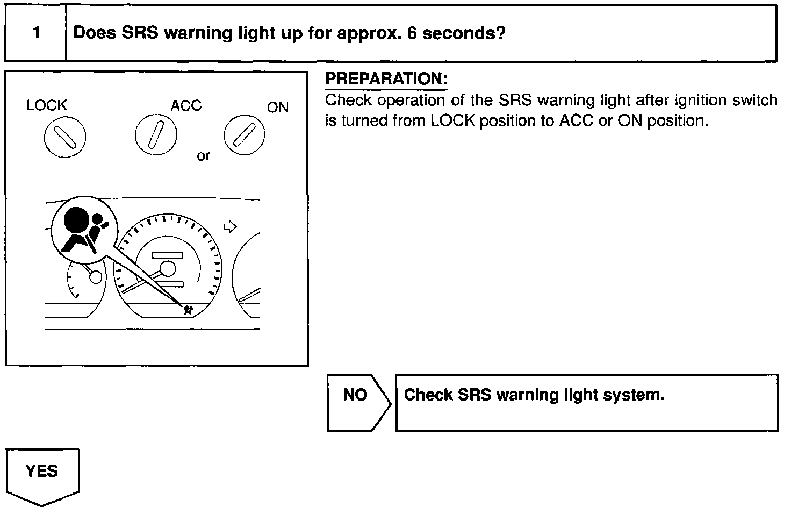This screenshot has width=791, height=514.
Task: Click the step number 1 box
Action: pyautogui.click(x=35, y=33)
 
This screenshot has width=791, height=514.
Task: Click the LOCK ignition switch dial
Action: pyautogui.click(x=64, y=137)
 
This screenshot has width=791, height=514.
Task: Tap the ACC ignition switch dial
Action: pyautogui.click(x=156, y=134)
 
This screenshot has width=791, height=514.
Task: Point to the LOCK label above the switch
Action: pyautogui.click(x=47, y=105)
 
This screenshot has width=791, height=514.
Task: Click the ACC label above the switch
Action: pyautogui.click(x=186, y=105)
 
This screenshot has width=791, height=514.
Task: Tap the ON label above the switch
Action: pyautogui.click(x=278, y=108)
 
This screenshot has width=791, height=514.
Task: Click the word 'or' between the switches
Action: pyautogui.click(x=204, y=156)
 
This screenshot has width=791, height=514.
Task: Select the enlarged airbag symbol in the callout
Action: pyautogui.click(x=84, y=229)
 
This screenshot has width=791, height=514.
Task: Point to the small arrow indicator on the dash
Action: pyautogui.click(x=230, y=226)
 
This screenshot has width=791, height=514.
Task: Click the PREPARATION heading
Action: pyautogui.click(x=386, y=80)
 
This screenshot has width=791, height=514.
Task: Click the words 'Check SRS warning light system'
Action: pyautogui.click(x=534, y=395)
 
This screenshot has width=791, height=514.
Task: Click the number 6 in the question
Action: pyautogui.click(x=412, y=33)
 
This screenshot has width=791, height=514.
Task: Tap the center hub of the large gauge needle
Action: pyautogui.click(x=168, y=268)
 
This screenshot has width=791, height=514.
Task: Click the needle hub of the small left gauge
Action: pyautogui.click(x=96, y=277)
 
